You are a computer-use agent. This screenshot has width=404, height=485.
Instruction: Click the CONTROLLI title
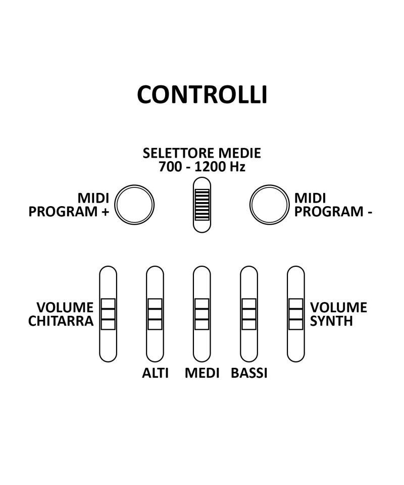pos(202,94)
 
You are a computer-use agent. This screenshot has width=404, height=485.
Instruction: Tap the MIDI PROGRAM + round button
pos(134,205)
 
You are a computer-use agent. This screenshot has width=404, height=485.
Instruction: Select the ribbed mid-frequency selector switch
pos(201,205)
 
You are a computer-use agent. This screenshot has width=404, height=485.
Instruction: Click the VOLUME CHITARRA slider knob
pos(108,314)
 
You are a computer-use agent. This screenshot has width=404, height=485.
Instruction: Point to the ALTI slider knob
pos(155,314)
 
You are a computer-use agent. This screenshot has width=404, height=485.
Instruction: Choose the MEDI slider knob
pos(202,314)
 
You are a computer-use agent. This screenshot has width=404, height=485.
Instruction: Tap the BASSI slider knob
pos(248,314)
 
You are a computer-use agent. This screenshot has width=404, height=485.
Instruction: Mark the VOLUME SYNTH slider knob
pos(296,314)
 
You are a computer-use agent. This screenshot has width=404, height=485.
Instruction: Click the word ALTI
pos(155,373)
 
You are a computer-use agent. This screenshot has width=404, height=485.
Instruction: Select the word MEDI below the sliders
pos(202,373)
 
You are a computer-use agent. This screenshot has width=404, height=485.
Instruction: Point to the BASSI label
pos(249,373)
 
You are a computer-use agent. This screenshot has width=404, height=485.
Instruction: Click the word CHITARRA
pos(61,321)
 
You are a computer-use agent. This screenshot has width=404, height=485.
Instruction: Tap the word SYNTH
pos(331,321)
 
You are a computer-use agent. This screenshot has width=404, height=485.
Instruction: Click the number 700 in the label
pos(170,167)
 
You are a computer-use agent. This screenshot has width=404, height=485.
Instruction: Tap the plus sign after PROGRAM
pos(105,212)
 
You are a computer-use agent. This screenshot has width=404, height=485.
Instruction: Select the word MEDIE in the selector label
pos(239,153)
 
